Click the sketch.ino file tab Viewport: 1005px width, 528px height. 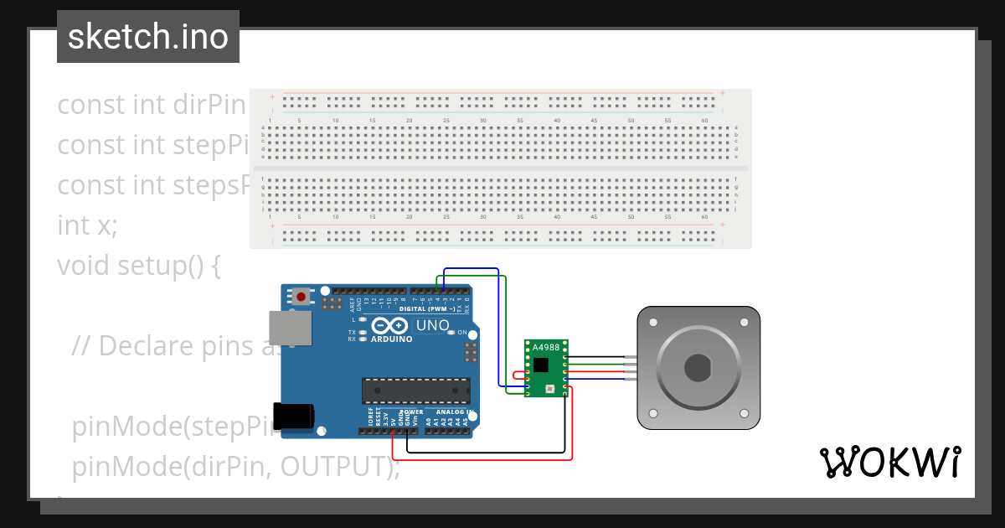pyautogui.click(x=148, y=37)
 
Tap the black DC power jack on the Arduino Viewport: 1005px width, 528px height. pyautogui.click(x=295, y=417)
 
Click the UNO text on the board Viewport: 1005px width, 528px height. pyautogui.click(x=432, y=325)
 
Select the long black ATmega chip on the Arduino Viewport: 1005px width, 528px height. pyautogui.click(x=415, y=391)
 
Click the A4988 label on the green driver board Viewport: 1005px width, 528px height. pyautogui.click(x=547, y=346)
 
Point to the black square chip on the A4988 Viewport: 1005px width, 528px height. pyautogui.click(x=541, y=365)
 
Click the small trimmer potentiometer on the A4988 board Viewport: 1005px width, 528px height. pyautogui.click(x=549, y=389)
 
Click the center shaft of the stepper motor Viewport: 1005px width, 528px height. pyautogui.click(x=698, y=368)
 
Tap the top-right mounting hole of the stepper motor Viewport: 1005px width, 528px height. pyautogui.click(x=744, y=323)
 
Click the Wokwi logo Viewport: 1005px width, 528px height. pyautogui.click(x=889, y=462)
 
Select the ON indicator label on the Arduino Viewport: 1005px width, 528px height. pyautogui.click(x=462, y=333)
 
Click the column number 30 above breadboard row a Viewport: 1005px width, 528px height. pyautogui.click(x=482, y=121)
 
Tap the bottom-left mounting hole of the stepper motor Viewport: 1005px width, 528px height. pyautogui.click(x=653, y=414)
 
